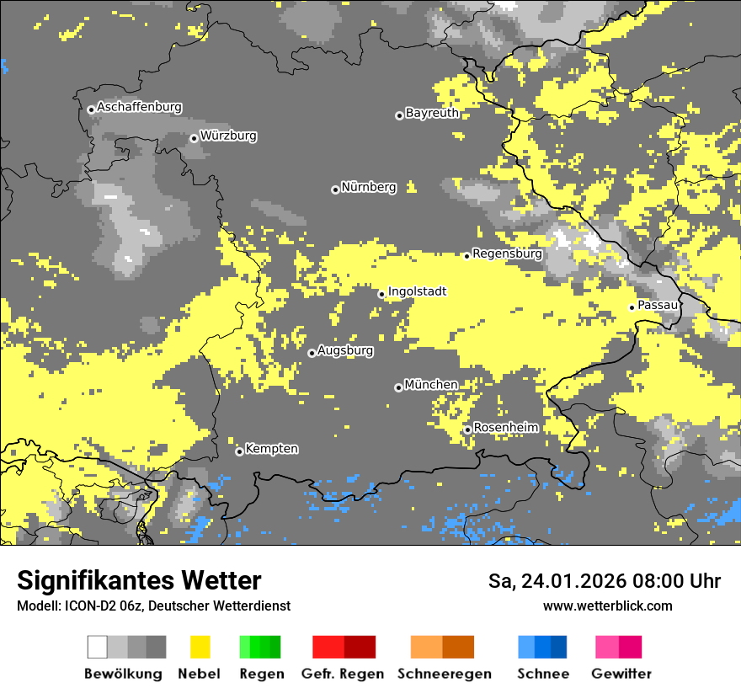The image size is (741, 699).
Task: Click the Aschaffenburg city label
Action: click(x=139, y=108)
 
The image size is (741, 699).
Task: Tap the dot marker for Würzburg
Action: click(x=194, y=138)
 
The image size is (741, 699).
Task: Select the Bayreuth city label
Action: click(x=432, y=113)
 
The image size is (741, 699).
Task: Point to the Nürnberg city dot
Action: click(x=335, y=189)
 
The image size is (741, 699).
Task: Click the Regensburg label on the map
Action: click(x=507, y=253)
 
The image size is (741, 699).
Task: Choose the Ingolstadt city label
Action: click(x=417, y=291)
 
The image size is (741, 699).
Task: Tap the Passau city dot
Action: click(x=632, y=307)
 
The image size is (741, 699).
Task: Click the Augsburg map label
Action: click(x=345, y=350)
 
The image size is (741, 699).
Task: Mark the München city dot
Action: click(x=398, y=387)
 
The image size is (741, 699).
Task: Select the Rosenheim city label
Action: click(x=505, y=428)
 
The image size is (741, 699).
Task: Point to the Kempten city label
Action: click(x=271, y=449)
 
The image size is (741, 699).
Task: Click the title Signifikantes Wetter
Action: click(x=139, y=581)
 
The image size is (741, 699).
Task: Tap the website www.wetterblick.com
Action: click(x=607, y=606)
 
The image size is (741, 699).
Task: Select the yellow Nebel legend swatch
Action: click(x=200, y=647)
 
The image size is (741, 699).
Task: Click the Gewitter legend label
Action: click(x=621, y=674)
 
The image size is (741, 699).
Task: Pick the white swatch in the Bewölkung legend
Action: click(x=98, y=647)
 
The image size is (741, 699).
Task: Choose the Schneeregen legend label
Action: click(x=445, y=674)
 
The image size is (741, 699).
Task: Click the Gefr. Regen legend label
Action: click(x=343, y=674)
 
